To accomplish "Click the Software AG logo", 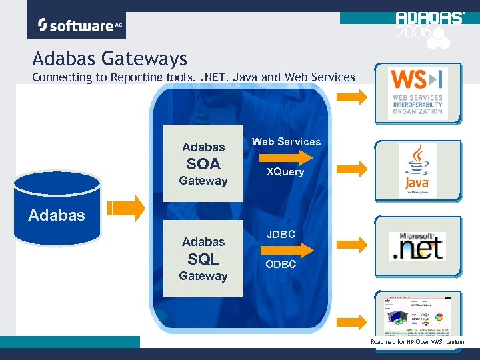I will click(76, 25).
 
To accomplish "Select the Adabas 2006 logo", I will click(429, 28).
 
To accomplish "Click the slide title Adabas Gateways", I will click(109, 59).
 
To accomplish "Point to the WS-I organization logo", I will click(417, 93).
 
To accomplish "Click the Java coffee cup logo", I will click(417, 169).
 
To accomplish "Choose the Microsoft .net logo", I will click(417, 245).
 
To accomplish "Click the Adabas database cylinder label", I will click(57, 215).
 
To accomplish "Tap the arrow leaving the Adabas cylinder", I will click(126, 208).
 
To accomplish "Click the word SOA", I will click(203, 163).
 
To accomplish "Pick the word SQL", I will click(203, 259).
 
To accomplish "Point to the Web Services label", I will click(286, 141).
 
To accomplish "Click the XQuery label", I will click(285, 172).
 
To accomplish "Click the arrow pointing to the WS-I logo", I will click(353, 97).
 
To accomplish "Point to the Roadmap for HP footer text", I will click(417, 342).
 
